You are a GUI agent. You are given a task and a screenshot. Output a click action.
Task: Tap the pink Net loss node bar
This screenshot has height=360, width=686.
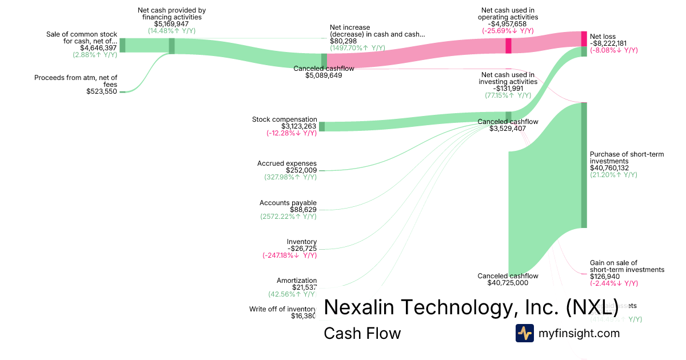[584, 39]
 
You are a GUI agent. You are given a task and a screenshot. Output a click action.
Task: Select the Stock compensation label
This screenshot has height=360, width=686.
[284, 119]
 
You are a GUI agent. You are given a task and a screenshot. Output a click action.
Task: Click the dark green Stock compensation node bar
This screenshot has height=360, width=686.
[321, 127]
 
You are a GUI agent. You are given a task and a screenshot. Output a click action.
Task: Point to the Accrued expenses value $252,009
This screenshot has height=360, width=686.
[301, 170]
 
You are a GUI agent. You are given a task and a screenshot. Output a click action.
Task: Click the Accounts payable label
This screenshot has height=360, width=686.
[288, 203]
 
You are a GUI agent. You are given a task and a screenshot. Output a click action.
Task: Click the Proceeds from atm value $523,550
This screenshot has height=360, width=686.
[102, 91]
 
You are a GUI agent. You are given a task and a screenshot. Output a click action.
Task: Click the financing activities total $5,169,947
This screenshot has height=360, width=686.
[171, 24]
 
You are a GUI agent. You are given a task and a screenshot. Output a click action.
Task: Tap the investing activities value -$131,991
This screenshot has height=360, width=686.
[508, 88]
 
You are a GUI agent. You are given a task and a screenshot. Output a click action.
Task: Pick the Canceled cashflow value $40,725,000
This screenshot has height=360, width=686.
[508, 283]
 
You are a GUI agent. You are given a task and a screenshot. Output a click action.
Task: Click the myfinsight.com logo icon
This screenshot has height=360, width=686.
[524, 333]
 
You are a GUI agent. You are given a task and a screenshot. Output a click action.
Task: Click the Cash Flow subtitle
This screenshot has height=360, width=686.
[362, 333]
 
